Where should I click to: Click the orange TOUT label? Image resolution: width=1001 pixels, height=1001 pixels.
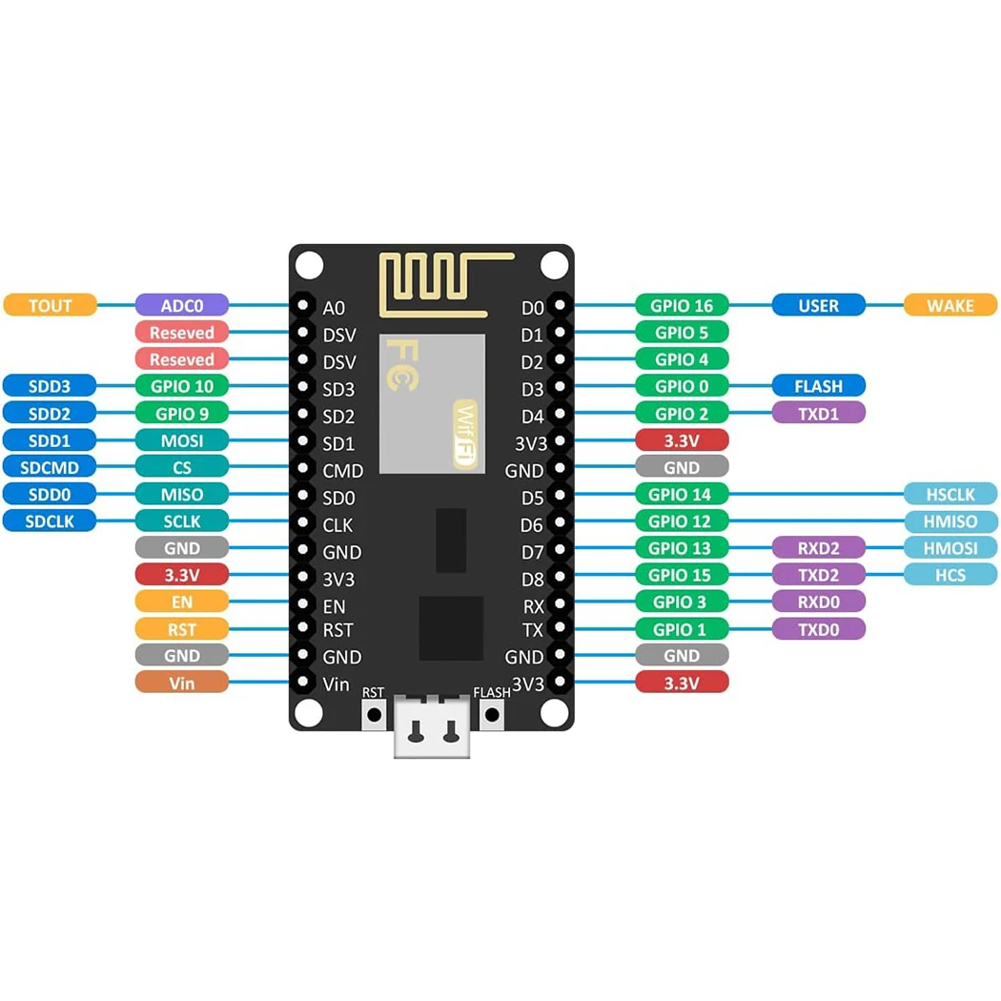51,305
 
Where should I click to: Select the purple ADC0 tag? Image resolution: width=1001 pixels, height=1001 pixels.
182,305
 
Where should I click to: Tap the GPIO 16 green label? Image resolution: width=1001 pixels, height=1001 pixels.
682,305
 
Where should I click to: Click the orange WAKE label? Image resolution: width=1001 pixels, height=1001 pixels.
950,305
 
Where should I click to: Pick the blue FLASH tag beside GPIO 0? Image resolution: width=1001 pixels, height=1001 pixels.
819,386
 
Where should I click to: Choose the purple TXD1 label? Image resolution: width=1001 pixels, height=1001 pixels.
819,413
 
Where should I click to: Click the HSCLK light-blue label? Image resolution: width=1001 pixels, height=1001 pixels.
950,494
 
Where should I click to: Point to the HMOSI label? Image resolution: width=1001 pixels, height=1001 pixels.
950,548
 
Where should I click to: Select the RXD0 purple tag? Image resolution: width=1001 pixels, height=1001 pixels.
819,602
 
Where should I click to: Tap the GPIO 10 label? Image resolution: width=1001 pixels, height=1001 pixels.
182,386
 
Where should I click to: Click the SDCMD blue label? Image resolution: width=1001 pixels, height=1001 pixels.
51,467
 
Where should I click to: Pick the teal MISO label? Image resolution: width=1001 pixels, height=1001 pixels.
182,494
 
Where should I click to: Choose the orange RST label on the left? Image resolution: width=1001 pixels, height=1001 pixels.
182,628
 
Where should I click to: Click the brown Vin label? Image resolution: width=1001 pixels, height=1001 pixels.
182,683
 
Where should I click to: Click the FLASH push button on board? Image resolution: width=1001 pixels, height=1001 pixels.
492,714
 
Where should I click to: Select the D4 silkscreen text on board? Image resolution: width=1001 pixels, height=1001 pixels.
532,417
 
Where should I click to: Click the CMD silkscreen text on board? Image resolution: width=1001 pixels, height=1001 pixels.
342,470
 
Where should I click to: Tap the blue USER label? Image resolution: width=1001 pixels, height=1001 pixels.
819,305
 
